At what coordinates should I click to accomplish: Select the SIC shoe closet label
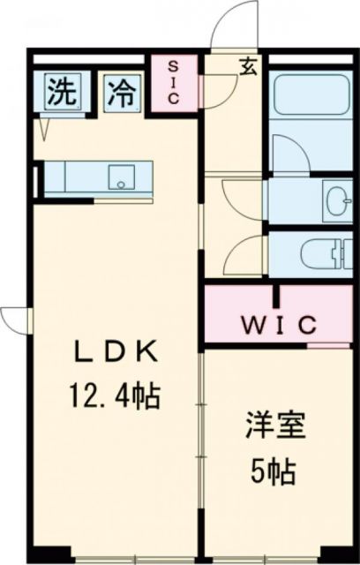tap(173, 82)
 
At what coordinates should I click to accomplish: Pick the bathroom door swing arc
tap(287, 154)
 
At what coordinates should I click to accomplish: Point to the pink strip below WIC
tap(328, 344)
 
